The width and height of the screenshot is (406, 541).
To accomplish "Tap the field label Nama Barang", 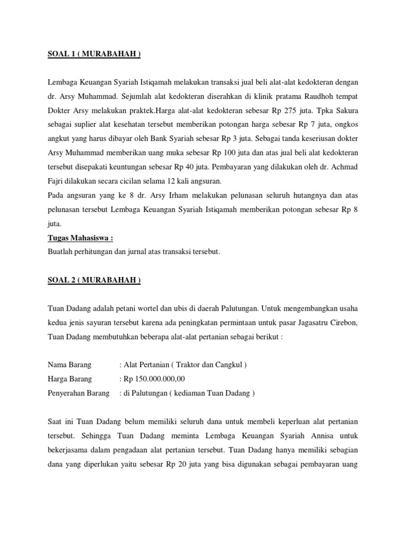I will click(x=70, y=365).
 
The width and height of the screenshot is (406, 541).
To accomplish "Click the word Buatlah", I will click(x=61, y=252).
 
